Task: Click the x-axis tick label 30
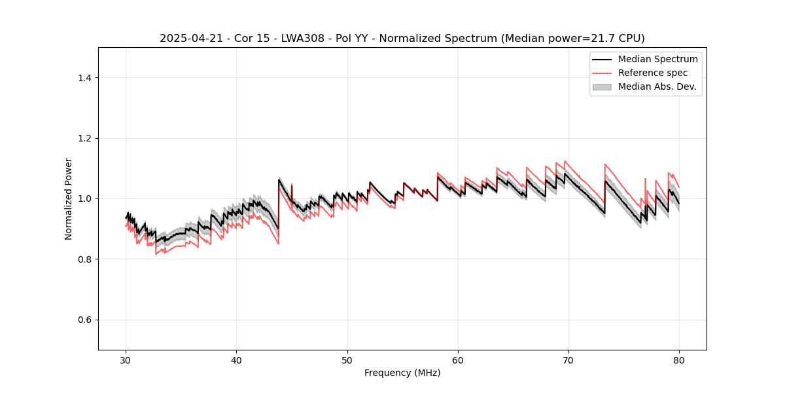[x=126, y=360]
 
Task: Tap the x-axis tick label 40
[x=237, y=360]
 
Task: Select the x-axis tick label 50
[x=347, y=360]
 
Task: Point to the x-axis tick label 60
[x=458, y=360]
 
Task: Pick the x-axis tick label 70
[x=568, y=360]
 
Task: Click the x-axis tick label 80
[x=679, y=360]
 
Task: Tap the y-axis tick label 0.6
[x=84, y=320]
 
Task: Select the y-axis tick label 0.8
[x=84, y=259]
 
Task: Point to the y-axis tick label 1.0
[x=84, y=198]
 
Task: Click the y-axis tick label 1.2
[x=84, y=138]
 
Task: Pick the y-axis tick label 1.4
[x=84, y=78]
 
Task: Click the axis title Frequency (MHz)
[x=402, y=373]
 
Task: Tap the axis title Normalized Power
[x=69, y=198]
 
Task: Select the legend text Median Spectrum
[x=657, y=59]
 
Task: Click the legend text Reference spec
[x=653, y=73]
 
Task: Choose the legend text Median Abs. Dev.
[x=657, y=86]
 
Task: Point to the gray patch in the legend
[x=602, y=86]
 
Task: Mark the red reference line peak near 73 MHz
[x=605, y=164]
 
